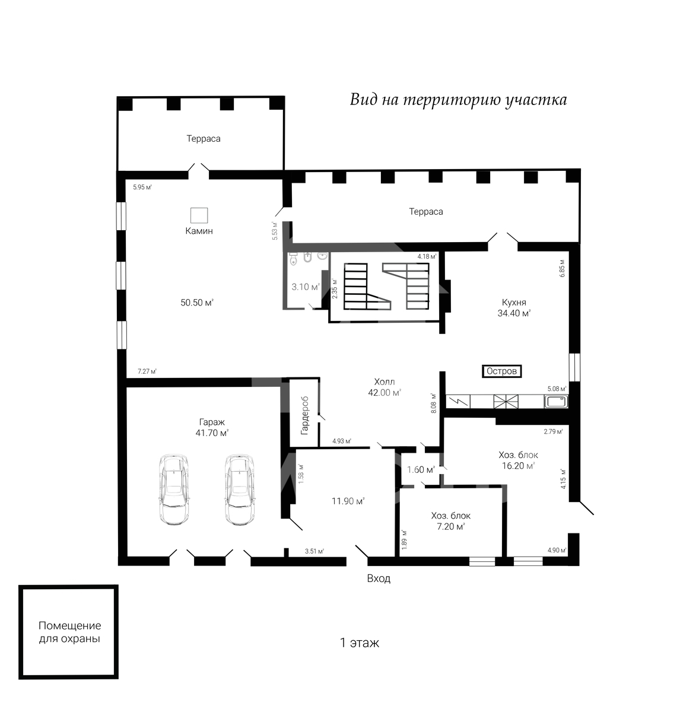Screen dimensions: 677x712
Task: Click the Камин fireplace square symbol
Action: (x=199, y=215)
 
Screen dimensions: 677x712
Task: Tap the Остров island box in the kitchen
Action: (x=501, y=371)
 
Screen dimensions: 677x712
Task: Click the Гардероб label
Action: (x=304, y=415)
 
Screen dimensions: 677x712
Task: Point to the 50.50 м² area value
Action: (x=197, y=303)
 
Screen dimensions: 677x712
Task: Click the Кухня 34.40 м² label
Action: (x=514, y=308)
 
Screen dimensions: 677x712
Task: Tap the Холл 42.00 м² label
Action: (x=384, y=387)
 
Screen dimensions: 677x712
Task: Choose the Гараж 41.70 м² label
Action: (x=212, y=427)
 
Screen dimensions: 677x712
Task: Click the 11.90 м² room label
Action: (x=348, y=501)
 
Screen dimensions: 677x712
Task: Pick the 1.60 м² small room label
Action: (x=421, y=470)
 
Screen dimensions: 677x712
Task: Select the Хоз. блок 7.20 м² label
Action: (x=450, y=521)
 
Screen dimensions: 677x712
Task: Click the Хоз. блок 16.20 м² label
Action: (x=519, y=460)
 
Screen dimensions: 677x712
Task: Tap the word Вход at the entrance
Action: (x=379, y=578)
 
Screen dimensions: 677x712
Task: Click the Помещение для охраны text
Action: (x=69, y=632)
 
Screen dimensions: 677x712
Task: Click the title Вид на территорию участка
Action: (x=458, y=100)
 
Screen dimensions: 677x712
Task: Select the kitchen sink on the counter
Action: (x=555, y=402)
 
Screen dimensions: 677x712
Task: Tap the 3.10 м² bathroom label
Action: (x=306, y=287)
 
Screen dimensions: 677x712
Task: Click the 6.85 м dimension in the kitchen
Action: (x=562, y=268)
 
